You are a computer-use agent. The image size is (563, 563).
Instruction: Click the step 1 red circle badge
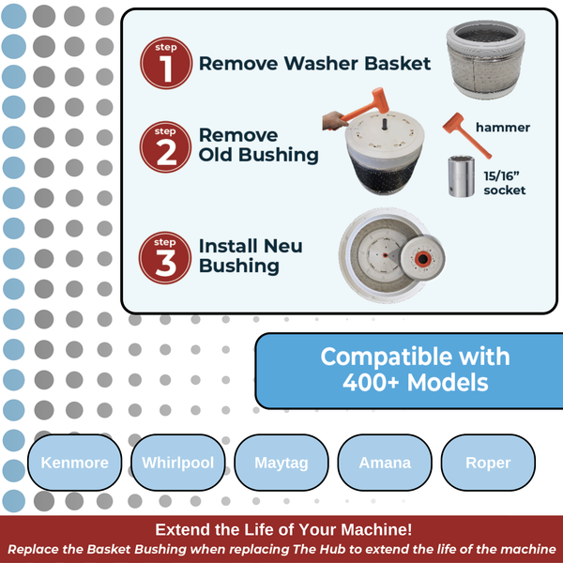(166, 64)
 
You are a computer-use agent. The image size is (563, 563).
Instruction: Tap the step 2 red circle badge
(166, 145)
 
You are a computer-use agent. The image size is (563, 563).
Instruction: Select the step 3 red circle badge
(166, 256)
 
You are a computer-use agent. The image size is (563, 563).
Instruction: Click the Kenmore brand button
(75, 463)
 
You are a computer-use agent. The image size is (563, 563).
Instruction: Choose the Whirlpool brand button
(178, 463)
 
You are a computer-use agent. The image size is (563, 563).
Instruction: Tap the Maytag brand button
(282, 463)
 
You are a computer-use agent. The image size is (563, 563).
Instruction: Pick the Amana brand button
(385, 463)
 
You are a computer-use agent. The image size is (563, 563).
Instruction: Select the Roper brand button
(488, 463)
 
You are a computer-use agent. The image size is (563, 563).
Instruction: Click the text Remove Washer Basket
(314, 64)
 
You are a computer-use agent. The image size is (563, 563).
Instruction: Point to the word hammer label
(503, 128)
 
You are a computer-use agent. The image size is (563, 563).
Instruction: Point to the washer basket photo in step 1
(488, 58)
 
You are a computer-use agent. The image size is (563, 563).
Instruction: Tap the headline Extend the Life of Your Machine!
(281, 529)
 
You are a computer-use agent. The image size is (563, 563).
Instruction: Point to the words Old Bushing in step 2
(258, 155)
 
